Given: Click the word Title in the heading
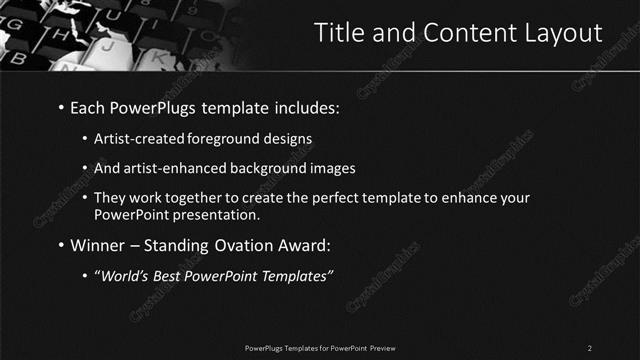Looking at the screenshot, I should (x=339, y=32).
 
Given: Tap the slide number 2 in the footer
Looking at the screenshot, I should (x=590, y=347).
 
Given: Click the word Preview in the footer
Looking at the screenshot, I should (x=386, y=347).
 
